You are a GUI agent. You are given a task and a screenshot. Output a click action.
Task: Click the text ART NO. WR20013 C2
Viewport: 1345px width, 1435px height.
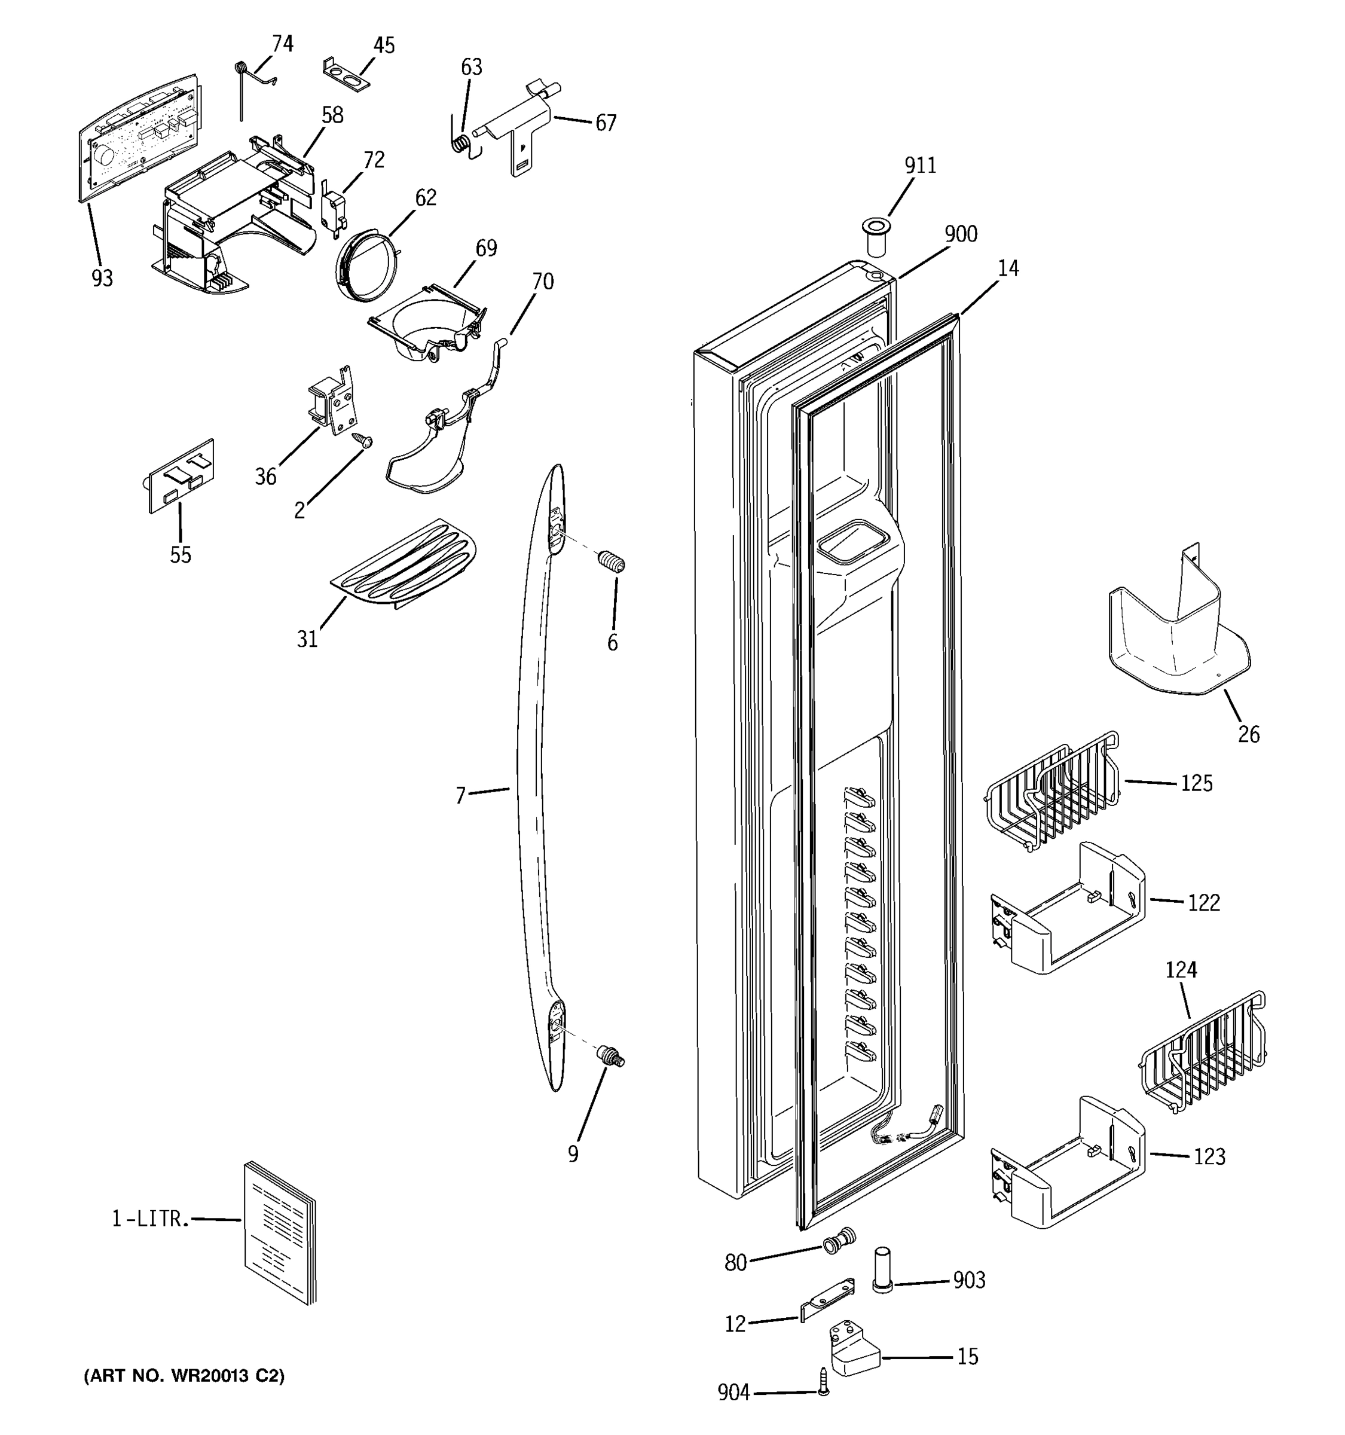tap(184, 1376)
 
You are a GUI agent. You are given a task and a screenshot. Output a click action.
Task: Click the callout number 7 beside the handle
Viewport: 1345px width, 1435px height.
tap(460, 795)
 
